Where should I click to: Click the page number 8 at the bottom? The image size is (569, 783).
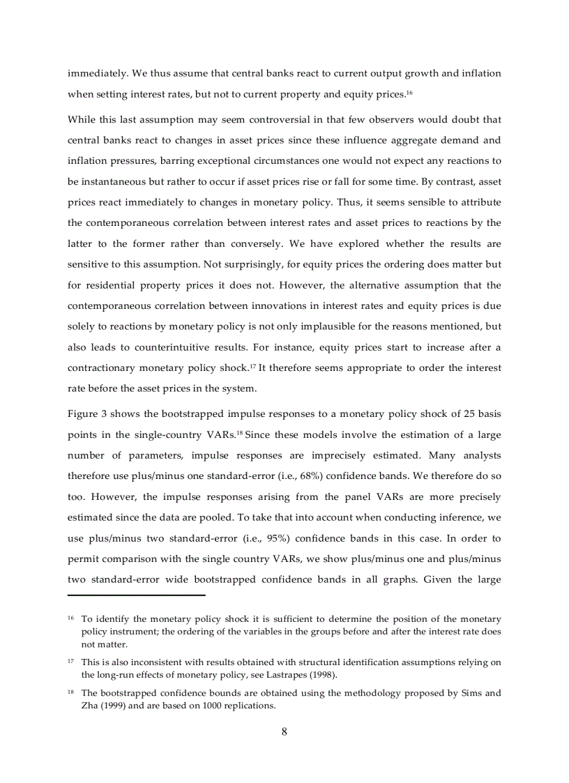[x=284, y=731]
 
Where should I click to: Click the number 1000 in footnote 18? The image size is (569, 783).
[x=213, y=705]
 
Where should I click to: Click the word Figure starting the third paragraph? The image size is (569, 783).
[x=82, y=413]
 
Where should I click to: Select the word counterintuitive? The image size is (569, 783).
[x=139, y=348]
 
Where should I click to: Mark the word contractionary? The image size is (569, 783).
[x=103, y=368]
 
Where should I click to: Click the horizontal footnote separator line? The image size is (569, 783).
[x=137, y=595]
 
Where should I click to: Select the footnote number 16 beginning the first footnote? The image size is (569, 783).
[x=71, y=619]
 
